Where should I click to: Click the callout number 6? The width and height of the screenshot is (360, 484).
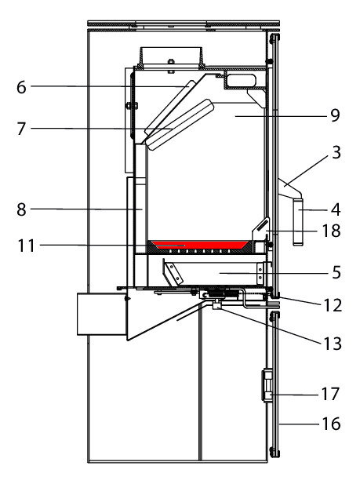(21, 87)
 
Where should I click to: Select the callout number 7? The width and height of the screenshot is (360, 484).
(21, 129)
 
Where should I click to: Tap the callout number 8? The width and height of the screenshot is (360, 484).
(21, 210)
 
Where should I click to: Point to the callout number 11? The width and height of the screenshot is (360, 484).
(26, 246)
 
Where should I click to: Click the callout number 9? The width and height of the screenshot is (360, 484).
(335, 115)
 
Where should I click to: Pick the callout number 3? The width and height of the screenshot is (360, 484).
(336, 152)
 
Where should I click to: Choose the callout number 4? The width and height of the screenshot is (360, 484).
(336, 210)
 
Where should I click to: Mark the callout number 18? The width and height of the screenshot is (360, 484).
(331, 231)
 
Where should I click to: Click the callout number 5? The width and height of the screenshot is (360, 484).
(336, 273)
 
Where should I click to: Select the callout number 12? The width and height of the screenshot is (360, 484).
(333, 306)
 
